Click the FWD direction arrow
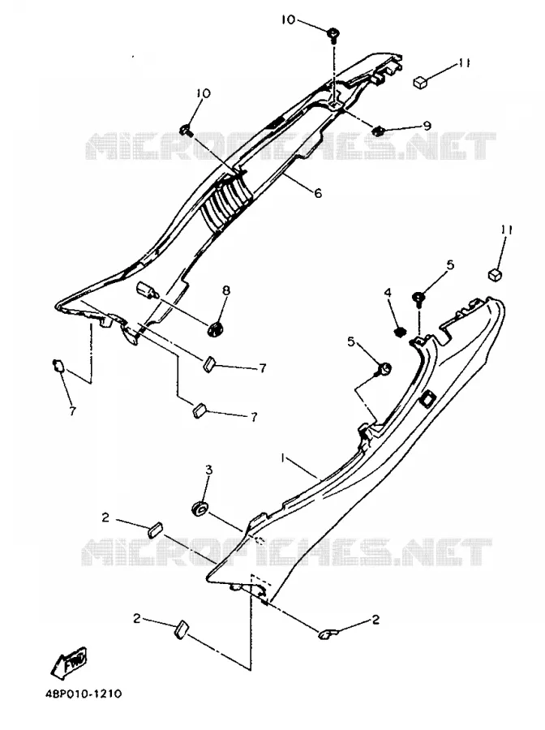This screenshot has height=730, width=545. click(69, 662)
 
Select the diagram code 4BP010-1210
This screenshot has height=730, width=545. click(84, 694)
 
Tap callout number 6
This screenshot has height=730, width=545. click(318, 193)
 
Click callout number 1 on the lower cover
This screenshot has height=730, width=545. click(282, 458)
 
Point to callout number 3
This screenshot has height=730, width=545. click(209, 470)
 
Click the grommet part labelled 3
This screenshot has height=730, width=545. click(200, 509)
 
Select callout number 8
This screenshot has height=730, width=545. click(226, 290)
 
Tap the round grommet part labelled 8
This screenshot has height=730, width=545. click(216, 329)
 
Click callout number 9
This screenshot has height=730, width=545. click(427, 125)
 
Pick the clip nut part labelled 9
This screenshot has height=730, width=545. click(379, 131)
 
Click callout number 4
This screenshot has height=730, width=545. click(388, 292)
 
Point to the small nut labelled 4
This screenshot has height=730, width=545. click(399, 332)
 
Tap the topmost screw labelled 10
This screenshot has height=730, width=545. click(333, 36)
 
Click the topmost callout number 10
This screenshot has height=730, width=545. click(288, 19)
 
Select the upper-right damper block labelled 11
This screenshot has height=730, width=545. click(421, 83)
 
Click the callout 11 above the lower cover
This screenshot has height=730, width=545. click(506, 230)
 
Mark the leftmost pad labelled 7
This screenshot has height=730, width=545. click(58, 366)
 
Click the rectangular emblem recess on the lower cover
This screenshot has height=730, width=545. click(427, 398)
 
